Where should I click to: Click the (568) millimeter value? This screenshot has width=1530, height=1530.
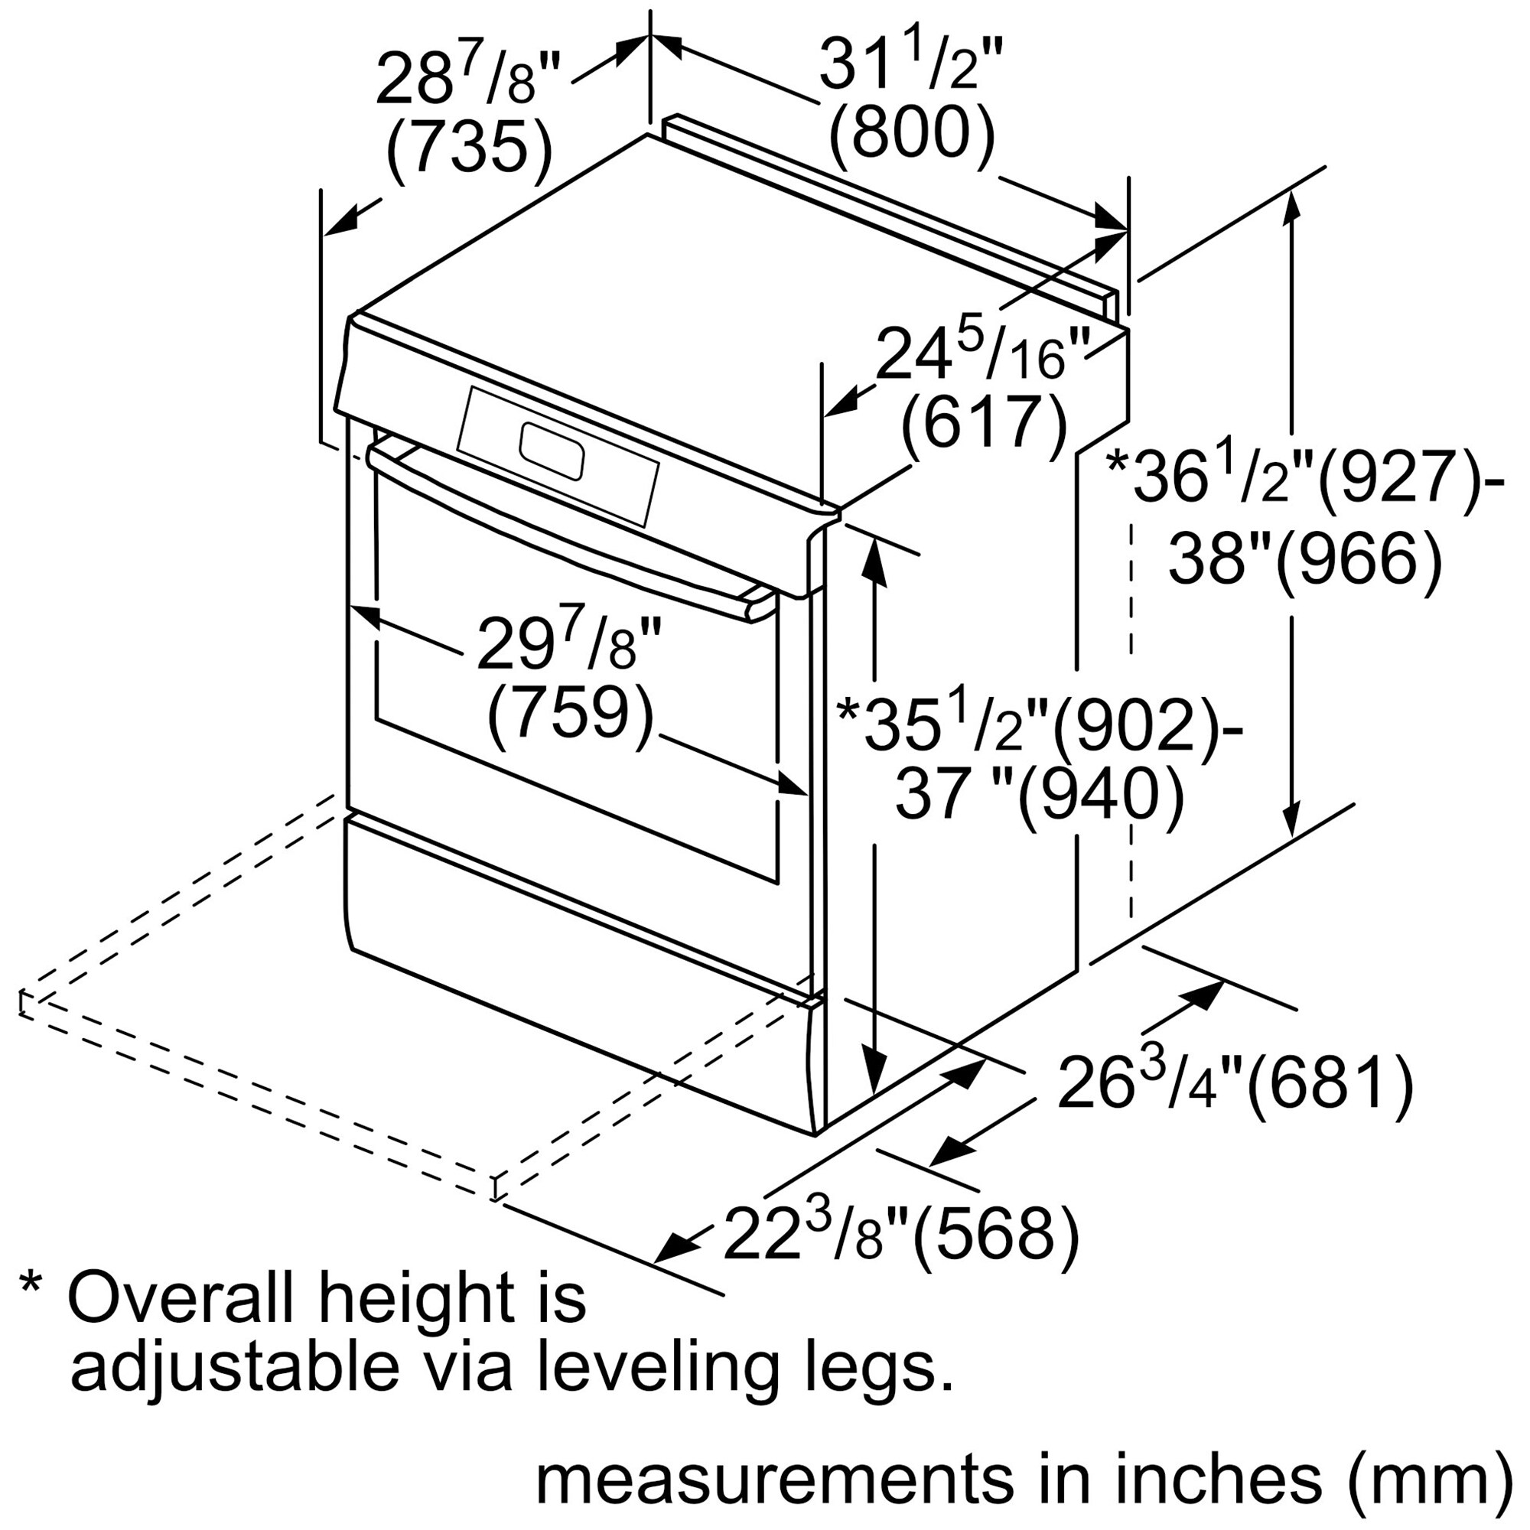[x=996, y=1234]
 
